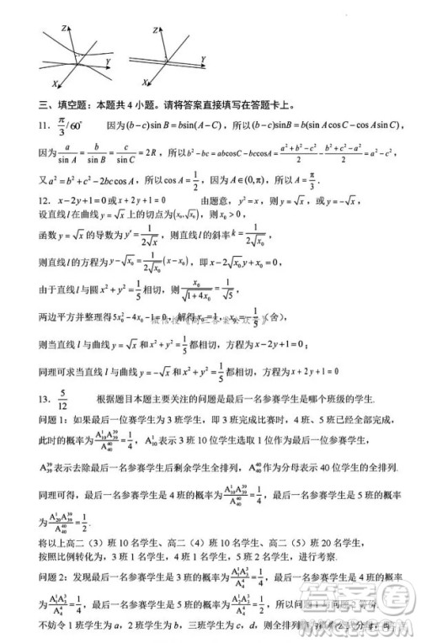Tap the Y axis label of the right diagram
tap(204, 57)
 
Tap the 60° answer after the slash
tap(80, 125)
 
